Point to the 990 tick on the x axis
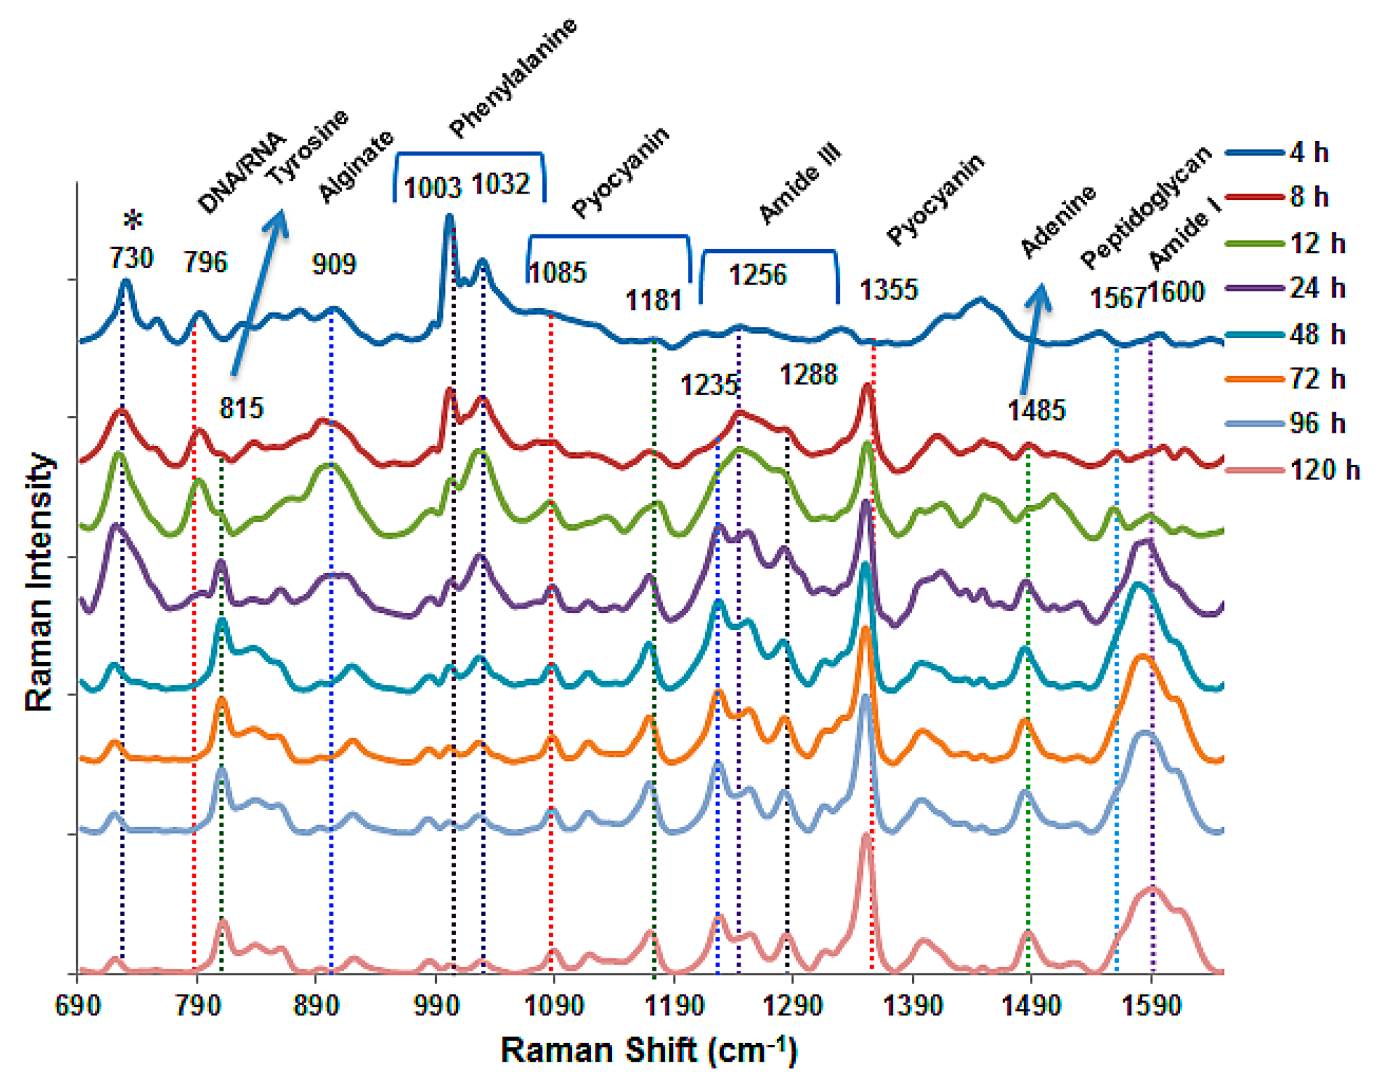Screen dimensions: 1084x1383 pyautogui.click(x=435, y=1006)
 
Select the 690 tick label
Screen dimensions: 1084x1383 pyautogui.click(x=78, y=1006)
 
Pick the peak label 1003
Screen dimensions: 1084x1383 pyautogui.click(x=432, y=188)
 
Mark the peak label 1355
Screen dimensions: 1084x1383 pyautogui.click(x=888, y=290)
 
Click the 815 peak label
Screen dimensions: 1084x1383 pyautogui.click(x=241, y=408)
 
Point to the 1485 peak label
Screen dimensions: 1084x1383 pyautogui.click(x=1036, y=410)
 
